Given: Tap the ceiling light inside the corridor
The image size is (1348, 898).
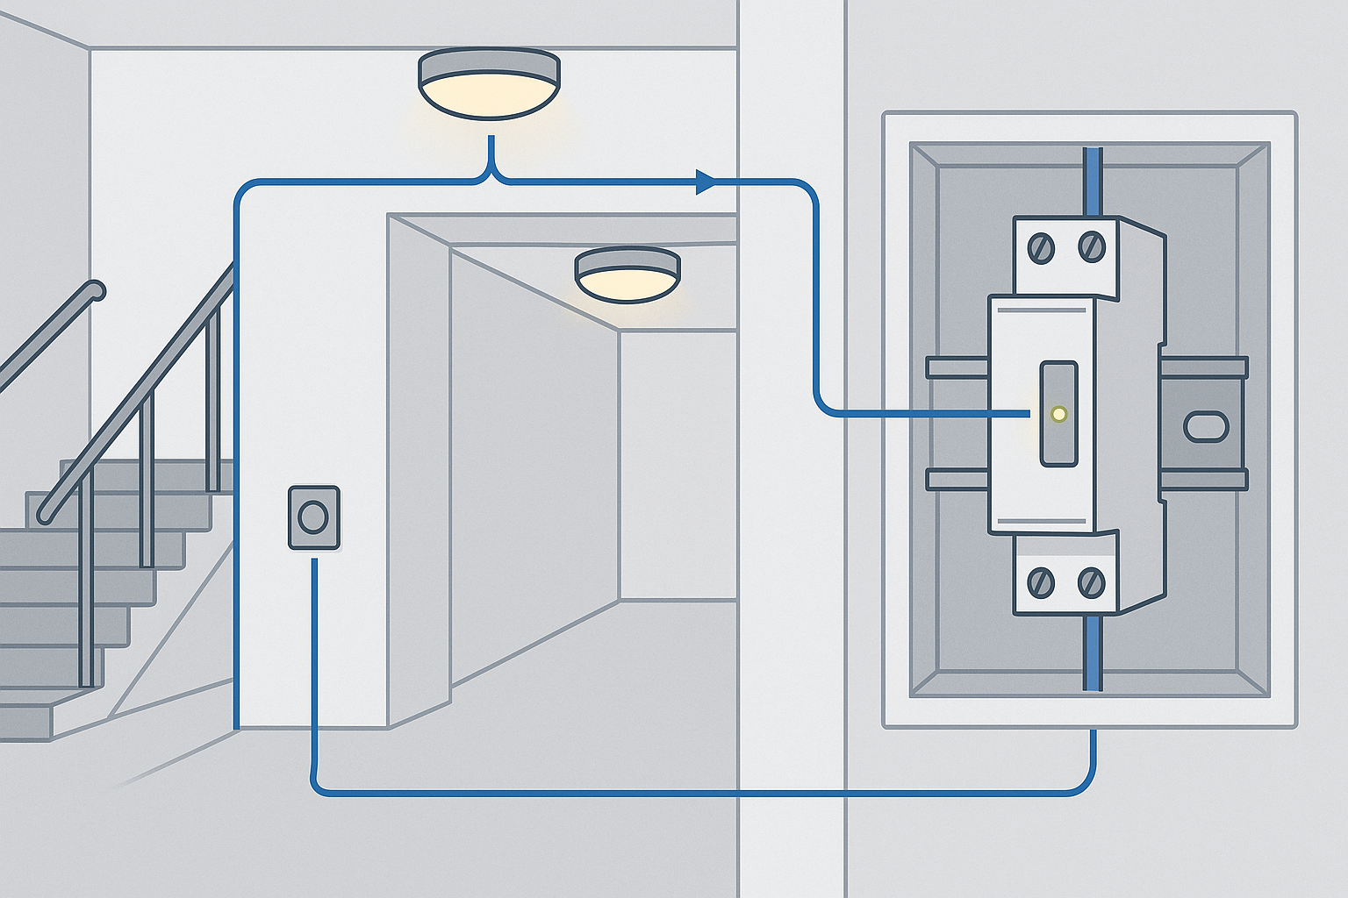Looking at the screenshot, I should [627, 274].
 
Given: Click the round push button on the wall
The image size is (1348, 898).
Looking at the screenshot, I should [313, 517].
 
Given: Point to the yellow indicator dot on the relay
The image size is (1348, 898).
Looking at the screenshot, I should [1058, 414].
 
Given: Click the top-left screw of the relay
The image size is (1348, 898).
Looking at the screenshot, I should [1042, 248].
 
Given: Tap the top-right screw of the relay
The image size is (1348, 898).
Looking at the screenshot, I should [1091, 246].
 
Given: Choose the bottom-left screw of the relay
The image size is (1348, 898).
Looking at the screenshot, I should [1042, 581].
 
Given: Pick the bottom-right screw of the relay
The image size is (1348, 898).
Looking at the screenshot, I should [1091, 581].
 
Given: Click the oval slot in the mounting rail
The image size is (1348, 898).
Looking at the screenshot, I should [1206, 427].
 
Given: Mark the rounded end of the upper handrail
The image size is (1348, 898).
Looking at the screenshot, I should [95, 290].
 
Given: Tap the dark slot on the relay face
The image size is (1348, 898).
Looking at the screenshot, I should [1058, 413].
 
